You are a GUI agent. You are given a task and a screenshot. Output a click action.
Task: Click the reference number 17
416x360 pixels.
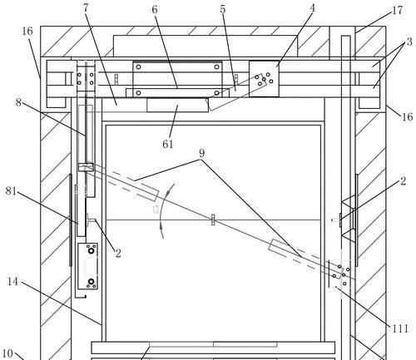398,11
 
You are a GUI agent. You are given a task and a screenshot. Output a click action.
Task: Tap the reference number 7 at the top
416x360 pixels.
86,8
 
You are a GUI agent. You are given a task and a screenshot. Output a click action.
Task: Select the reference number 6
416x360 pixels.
155,10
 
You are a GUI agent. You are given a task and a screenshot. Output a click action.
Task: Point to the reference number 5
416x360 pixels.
223,9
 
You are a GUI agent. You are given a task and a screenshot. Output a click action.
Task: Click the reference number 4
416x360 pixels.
312,8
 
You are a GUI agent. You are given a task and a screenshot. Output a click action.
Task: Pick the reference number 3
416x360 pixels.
409,42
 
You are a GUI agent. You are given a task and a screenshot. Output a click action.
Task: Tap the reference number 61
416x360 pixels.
168,144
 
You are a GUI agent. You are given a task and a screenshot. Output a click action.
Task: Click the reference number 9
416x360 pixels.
201,153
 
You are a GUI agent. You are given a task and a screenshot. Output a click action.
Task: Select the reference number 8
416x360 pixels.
18,102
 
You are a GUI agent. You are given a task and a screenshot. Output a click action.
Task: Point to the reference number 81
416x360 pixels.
11,191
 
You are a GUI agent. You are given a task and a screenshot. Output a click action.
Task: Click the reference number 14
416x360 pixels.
12,282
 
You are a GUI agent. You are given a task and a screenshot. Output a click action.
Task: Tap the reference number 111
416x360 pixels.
400,328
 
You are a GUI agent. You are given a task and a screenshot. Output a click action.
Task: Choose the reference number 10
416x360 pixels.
7,353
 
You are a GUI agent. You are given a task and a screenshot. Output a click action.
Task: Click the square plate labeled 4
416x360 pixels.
264,79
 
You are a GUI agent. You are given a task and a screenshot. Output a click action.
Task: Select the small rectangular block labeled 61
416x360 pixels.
177,105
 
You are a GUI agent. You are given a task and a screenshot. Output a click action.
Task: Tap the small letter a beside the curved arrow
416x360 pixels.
156,210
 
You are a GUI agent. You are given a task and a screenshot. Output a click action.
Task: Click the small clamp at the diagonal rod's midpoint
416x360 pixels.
213,219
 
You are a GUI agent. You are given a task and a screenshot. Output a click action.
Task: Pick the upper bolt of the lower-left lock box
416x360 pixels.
91,251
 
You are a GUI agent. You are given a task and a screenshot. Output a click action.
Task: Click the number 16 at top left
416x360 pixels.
27,32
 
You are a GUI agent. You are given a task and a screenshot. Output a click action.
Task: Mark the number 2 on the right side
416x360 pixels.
403,181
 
